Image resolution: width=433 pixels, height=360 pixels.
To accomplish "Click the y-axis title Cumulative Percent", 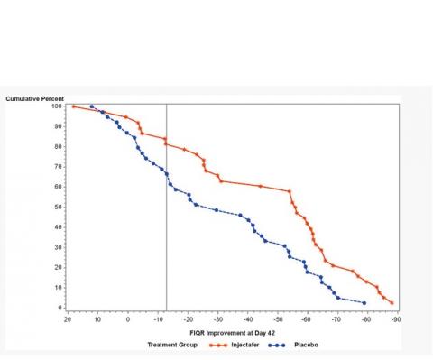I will [x=34, y=97].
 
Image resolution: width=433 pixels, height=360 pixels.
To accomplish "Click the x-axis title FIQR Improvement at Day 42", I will [x=231, y=332].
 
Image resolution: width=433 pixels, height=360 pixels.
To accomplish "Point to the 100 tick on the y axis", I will [x=57, y=106].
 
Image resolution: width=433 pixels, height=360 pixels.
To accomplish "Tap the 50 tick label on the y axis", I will [x=59, y=208].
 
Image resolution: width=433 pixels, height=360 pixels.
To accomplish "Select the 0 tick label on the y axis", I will [x=60, y=309].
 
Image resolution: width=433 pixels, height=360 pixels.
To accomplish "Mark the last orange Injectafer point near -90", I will [x=392, y=303].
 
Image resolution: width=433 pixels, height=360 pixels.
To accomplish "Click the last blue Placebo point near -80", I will [x=364, y=303].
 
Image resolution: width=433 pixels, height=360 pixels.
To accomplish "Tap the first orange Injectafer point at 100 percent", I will [x=74, y=106].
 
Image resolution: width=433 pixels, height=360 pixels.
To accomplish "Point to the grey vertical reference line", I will [x=167, y=226].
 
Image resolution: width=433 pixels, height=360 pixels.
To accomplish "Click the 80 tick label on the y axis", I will [x=59, y=147].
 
